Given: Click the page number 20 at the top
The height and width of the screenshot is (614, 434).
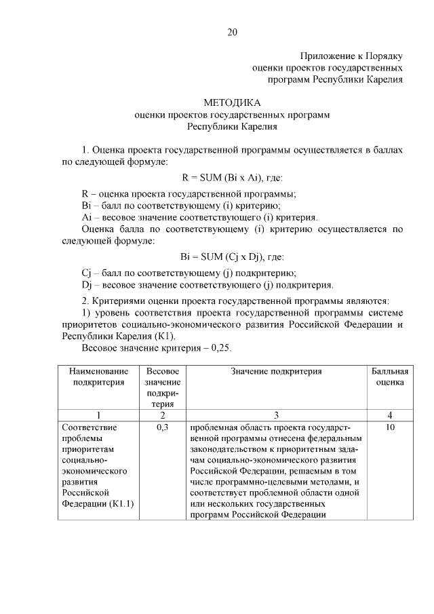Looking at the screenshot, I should tap(232, 31).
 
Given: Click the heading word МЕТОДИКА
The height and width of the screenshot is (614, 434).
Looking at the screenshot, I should tap(232, 103).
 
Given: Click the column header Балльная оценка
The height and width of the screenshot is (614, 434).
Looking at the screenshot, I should tap(390, 377).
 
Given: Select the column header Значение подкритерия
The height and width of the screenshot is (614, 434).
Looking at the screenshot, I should tap(276, 372).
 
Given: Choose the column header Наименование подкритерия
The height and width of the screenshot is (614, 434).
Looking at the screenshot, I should tap(99, 377).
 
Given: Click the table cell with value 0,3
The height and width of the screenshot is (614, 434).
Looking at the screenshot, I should tap(162, 428).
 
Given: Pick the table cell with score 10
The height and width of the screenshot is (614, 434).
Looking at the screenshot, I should tap(390, 428).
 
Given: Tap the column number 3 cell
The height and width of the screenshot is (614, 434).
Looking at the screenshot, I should tap(276, 415).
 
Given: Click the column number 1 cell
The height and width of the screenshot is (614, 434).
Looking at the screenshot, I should tap(99, 415).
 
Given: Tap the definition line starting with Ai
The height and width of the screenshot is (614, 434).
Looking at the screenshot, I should tap(199, 218).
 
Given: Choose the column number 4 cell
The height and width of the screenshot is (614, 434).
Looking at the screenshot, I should tap(390, 415).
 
